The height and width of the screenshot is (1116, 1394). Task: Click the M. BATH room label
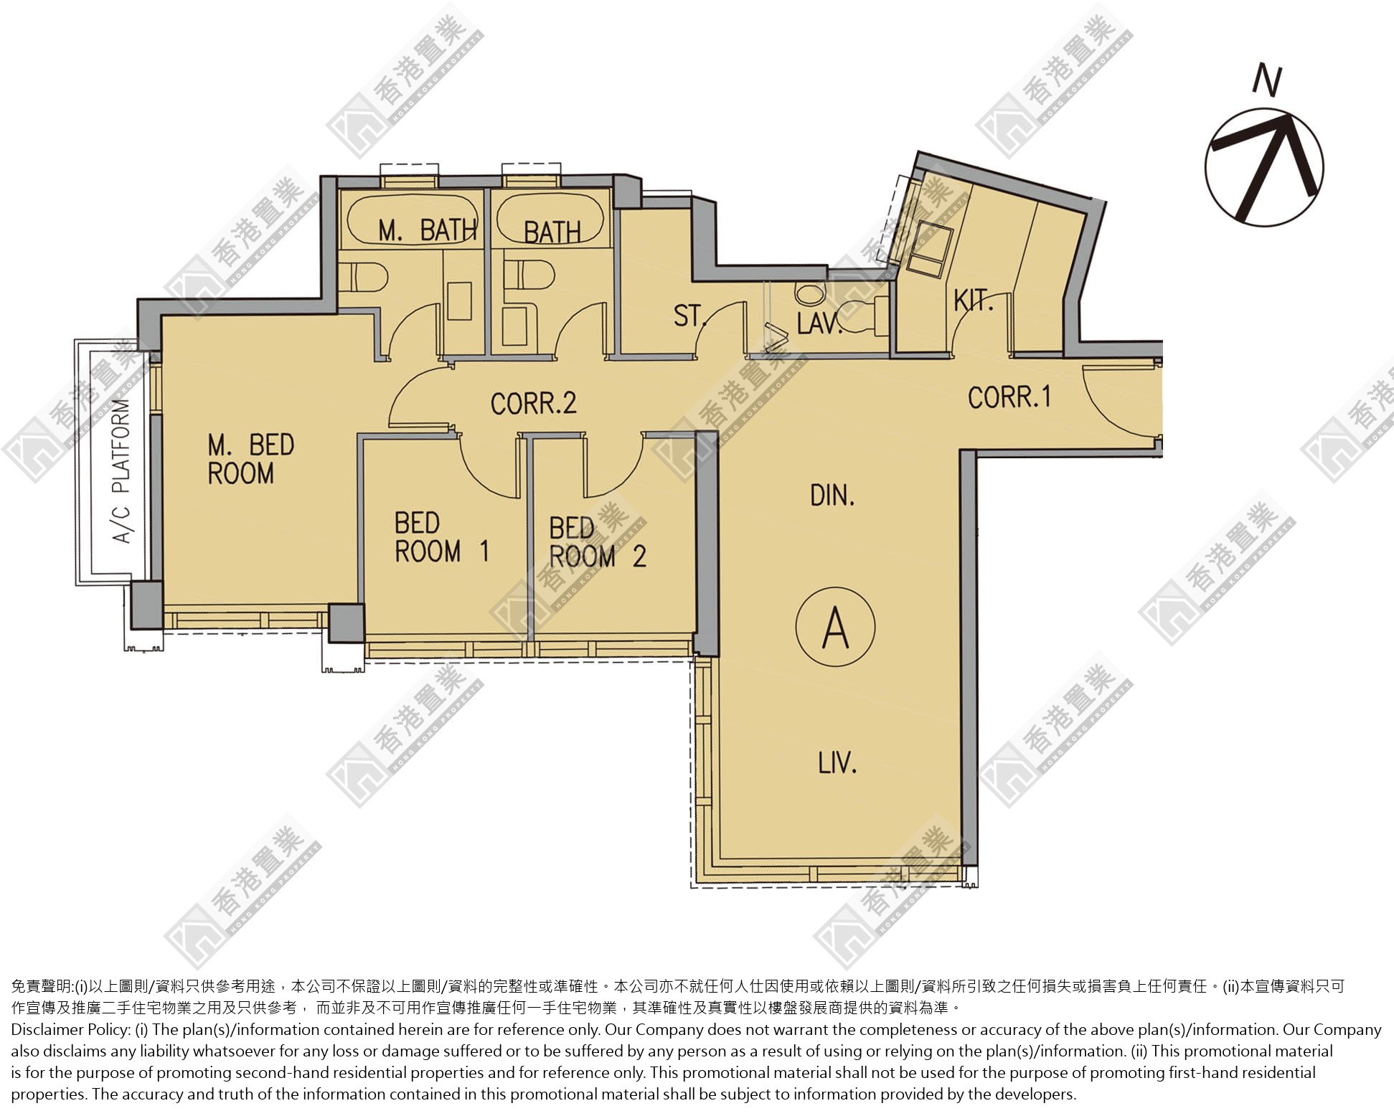[x=428, y=230]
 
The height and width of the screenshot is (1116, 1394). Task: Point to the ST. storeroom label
[x=691, y=316]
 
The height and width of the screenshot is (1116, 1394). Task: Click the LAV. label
[x=819, y=323]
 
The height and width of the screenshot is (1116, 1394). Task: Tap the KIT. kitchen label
[x=974, y=301]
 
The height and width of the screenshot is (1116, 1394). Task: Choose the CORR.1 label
[x=1009, y=397]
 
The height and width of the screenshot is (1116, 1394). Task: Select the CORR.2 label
[x=533, y=403]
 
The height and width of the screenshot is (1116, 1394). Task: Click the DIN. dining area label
[x=832, y=495]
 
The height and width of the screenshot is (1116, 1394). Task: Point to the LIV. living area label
[x=837, y=762]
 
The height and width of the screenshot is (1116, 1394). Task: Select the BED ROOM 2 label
[x=598, y=543]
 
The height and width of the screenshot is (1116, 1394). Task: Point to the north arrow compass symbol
[x=1264, y=168]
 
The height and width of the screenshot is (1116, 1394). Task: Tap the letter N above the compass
[x=1266, y=80]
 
